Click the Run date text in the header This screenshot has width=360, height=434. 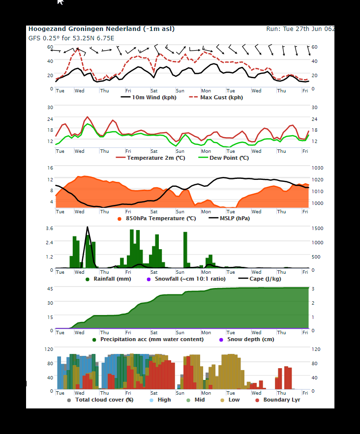(x=300, y=29)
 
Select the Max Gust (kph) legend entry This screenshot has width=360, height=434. (x=216, y=97)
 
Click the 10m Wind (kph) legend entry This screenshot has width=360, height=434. (x=149, y=97)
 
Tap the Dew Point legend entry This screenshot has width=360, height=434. (x=224, y=158)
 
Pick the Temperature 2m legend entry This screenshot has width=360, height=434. (x=150, y=158)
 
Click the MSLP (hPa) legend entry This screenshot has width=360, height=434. (x=229, y=218)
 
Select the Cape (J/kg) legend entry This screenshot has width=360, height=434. (x=260, y=279)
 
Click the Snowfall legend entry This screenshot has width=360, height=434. (x=186, y=279)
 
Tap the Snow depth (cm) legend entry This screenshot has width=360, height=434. (x=246, y=339)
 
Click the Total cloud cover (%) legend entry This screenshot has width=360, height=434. (x=100, y=400)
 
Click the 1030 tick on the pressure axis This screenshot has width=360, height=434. (x=317, y=168)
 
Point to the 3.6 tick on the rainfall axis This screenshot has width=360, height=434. (x=50, y=229)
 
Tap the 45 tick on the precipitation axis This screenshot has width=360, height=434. (x=50, y=289)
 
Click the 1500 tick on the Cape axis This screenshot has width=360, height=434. (x=317, y=229)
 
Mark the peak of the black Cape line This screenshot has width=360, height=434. (x=88, y=227)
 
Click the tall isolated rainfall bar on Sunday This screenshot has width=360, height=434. (x=185, y=250)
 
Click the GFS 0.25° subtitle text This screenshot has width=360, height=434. (x=71, y=38)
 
